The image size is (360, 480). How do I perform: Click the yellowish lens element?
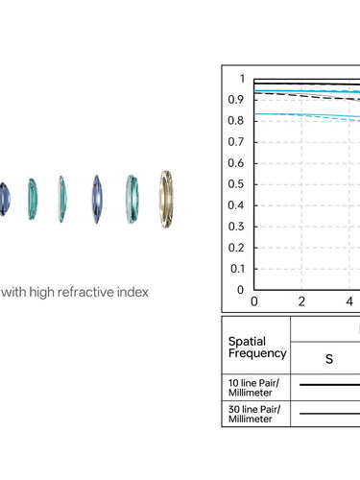166,199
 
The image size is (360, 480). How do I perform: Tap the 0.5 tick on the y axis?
235,184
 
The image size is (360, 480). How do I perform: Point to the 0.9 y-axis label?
235,100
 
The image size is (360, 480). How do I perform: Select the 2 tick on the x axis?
301,301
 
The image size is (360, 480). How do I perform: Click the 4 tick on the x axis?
349,301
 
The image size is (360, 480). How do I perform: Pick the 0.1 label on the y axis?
237,269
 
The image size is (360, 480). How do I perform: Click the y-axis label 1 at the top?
242,79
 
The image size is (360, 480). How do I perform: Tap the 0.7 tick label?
235,142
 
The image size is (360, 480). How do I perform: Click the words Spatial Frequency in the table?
257,348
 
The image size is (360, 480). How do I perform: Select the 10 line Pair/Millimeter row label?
253,388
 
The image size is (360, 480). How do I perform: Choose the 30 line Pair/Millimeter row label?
254,414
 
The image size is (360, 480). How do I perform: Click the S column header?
329,359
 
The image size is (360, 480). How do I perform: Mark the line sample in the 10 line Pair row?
329,385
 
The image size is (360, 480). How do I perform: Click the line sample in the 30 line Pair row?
329,414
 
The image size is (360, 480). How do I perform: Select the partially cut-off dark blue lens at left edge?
5,199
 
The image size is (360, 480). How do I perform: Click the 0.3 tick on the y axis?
235,227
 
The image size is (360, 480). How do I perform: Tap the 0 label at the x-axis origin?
254,301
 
